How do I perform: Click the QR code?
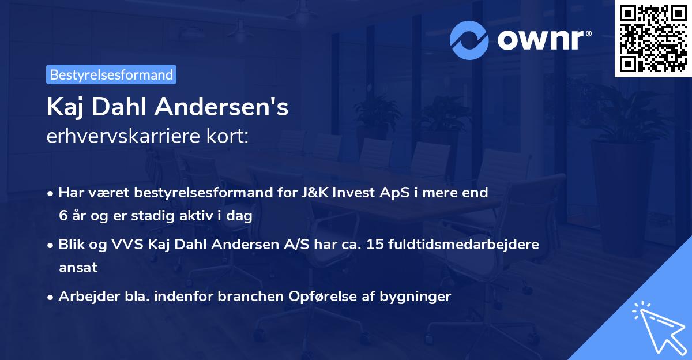[x=653, y=38]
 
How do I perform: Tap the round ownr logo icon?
[x=469, y=40]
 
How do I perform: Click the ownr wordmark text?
[x=544, y=40]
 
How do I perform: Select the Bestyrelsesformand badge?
[x=111, y=74]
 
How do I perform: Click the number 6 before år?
[x=63, y=216]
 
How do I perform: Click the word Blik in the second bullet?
[x=72, y=245]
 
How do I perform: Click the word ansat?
[x=78, y=268]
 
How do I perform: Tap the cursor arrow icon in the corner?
[x=657, y=325]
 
